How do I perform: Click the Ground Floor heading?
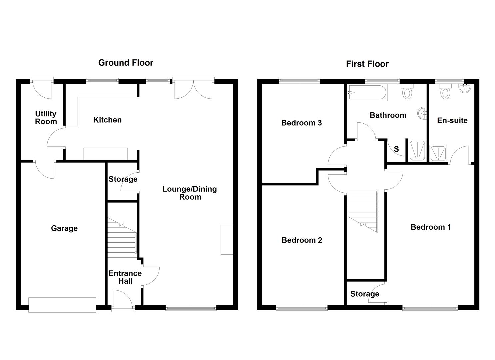126,63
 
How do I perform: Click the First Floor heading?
367,64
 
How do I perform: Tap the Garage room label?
64,228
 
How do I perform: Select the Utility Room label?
46,118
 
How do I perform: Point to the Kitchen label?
107,120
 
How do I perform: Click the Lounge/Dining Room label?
190,193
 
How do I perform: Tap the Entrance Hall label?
125,277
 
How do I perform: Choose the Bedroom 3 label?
301,123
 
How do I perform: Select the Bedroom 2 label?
302,240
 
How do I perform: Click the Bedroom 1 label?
431,227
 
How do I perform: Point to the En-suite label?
452,120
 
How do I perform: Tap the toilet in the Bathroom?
407,91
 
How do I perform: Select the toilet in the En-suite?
445,91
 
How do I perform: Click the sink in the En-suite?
465,88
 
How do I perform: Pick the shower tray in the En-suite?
438,153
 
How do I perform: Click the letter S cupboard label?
396,149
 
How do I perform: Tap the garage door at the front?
62,305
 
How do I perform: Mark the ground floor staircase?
122,238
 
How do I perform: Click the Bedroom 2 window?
302,308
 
